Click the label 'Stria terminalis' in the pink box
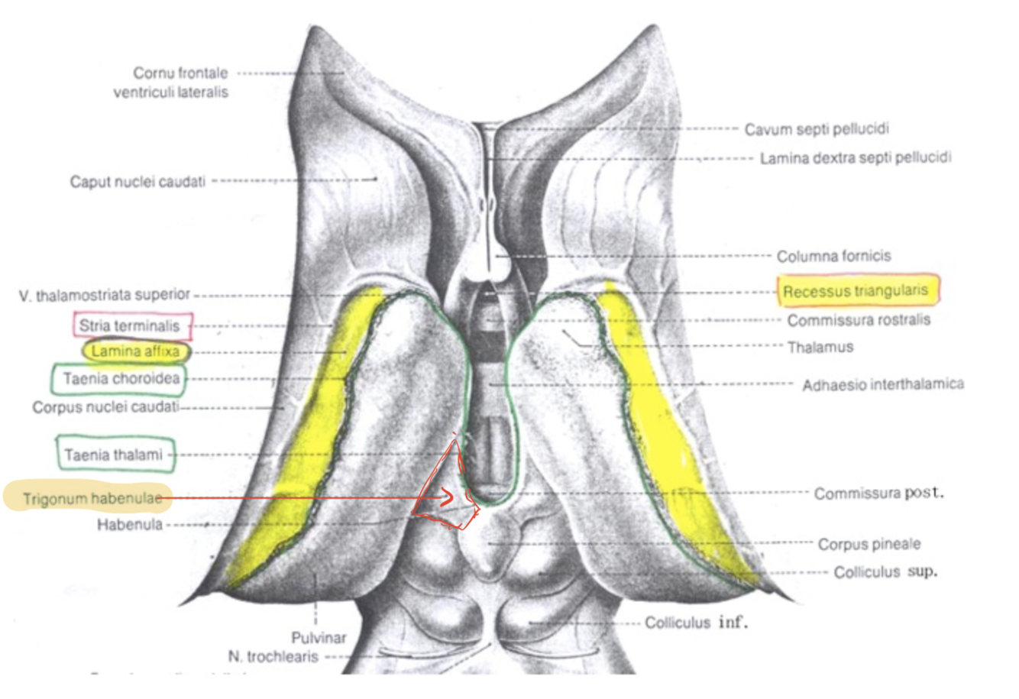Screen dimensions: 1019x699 130,326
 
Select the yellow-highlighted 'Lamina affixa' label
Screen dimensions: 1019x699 135,351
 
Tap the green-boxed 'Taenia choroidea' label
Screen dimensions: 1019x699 121,379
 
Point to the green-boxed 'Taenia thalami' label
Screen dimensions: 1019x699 114,455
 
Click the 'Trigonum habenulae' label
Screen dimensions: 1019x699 92,500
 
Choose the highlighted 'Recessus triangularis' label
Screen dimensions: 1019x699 856,291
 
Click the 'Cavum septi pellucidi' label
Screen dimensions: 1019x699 817,129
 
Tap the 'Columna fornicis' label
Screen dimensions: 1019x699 833,256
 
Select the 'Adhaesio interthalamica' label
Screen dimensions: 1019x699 882,384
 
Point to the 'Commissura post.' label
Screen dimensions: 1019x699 878,494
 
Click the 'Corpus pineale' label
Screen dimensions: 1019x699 869,544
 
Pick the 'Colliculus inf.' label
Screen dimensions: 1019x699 696,623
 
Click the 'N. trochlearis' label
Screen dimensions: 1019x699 273,656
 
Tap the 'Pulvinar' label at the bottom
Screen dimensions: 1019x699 319,637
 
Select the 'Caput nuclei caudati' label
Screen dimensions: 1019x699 137,182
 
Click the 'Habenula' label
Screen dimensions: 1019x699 129,525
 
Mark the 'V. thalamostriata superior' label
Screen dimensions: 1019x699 105,295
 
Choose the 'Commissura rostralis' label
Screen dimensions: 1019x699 859,320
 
